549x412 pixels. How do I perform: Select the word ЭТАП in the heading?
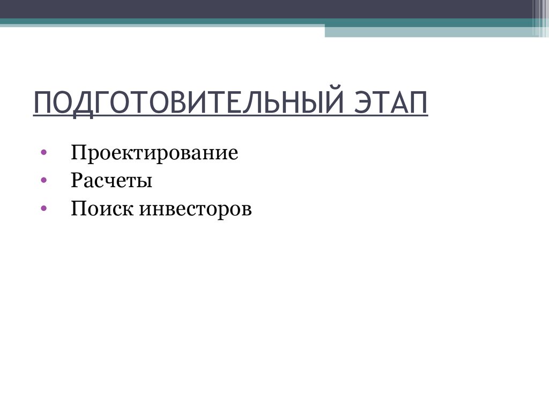click(x=391, y=102)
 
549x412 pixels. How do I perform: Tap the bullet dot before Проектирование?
click(x=43, y=153)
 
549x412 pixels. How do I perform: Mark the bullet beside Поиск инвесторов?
click(x=43, y=209)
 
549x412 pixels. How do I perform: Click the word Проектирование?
click(x=154, y=154)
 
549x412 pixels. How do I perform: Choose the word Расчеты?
click(x=112, y=181)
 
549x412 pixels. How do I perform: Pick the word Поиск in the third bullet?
click(x=102, y=209)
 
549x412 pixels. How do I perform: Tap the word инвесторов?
click(x=196, y=209)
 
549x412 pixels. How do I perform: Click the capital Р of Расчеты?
click(x=76, y=181)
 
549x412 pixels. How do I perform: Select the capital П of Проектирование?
click(x=78, y=153)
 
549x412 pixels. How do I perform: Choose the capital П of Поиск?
click(x=78, y=209)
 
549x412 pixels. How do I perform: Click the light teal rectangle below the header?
click(x=429, y=32)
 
